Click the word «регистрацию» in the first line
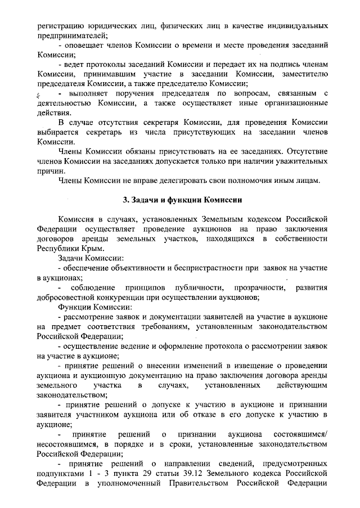pyautogui.click(x=62, y=26)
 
